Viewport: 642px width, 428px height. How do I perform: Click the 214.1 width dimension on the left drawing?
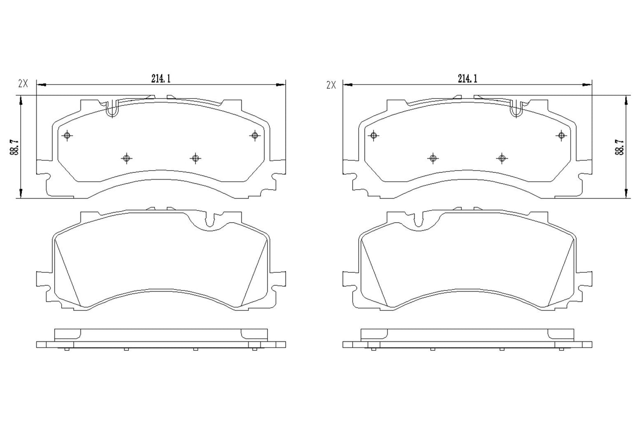pos(161,78)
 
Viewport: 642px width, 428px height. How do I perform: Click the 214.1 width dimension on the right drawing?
pos(467,78)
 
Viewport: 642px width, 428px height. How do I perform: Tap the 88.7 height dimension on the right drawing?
pos(618,146)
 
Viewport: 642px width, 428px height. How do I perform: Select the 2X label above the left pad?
pos(23,83)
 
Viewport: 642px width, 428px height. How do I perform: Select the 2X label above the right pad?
pos(331,85)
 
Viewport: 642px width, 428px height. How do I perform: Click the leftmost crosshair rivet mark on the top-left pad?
pos(67,136)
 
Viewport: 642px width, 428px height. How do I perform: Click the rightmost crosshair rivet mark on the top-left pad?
pos(255,135)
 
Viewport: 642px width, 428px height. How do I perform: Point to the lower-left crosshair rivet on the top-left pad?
pos(127,158)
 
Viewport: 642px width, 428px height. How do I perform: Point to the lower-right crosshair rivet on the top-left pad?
pos(195,158)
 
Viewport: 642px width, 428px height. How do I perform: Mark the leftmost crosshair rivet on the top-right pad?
pos(374,135)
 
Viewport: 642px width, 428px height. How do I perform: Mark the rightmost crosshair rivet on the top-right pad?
pos(562,135)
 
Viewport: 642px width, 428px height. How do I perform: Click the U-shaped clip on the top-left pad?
pos(113,109)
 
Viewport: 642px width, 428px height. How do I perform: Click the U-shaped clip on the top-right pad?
pos(516,109)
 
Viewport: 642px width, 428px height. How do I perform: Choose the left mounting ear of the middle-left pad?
pos(41,279)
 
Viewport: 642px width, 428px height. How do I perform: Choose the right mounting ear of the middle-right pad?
pos(587,279)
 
